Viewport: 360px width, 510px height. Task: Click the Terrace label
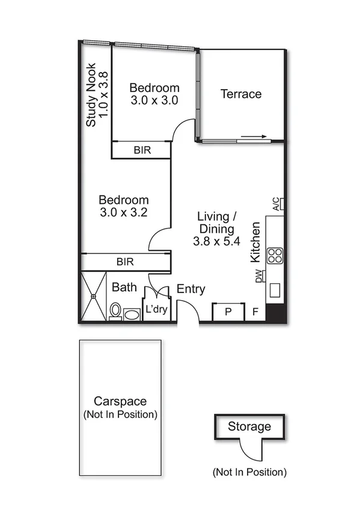pos(241,94)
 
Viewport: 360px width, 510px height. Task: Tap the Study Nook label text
pos(91,95)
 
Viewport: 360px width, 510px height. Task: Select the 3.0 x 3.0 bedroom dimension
pos(154,100)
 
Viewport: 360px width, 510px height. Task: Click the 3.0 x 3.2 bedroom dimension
pos(124,212)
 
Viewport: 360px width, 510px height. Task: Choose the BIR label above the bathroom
pos(125,262)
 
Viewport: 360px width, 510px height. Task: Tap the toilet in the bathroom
pos(115,311)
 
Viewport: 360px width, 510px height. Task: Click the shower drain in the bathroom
pos(94,296)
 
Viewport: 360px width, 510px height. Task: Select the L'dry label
pos(156,311)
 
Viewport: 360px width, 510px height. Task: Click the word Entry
pos(191,289)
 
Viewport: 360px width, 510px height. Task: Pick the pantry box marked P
pos(228,312)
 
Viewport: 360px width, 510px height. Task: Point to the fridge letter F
pos(255,312)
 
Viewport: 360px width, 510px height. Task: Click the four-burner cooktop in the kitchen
pos(275,256)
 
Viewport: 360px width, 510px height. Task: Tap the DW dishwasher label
pos(259,277)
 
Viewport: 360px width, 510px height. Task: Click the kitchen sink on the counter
pos(276,290)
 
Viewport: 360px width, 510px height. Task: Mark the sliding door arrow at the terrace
pos(253,138)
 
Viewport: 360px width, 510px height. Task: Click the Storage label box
pos(249,427)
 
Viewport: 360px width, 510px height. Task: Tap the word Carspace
pos(120,402)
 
